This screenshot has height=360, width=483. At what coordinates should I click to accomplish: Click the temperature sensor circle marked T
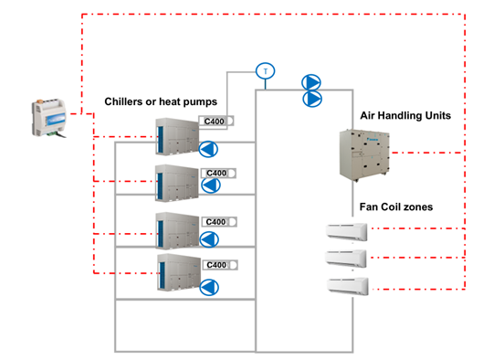tap(265, 70)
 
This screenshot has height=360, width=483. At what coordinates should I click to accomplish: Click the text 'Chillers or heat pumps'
tap(161, 101)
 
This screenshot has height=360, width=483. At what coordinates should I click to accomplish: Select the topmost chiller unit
tap(173, 133)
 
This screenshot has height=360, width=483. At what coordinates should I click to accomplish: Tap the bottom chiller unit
tap(173, 271)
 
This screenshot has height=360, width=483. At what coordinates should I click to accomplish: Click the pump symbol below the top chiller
tap(210, 148)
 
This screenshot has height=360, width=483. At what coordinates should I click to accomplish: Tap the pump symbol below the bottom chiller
tap(210, 288)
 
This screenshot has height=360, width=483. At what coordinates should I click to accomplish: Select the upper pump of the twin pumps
tap(312, 82)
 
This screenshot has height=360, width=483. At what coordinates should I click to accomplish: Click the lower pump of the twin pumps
tap(312, 98)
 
